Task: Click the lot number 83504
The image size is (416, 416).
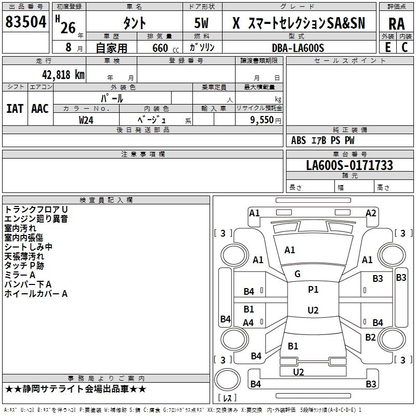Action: click(25, 22)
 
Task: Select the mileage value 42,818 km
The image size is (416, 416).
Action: click(63, 75)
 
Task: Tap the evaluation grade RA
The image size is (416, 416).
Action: click(397, 24)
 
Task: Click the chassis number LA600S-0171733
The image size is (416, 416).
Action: click(349, 165)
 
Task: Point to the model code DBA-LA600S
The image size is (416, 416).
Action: click(298, 48)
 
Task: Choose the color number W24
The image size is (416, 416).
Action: click(86, 120)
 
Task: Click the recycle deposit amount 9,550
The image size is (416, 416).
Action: click(262, 120)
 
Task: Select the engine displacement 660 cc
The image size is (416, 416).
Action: click(165, 48)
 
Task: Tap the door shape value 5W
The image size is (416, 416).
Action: click(201, 23)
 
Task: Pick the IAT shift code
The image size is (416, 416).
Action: click(15, 109)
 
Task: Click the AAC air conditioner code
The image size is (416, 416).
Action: click(40, 109)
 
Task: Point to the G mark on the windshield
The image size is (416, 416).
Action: click(297, 274)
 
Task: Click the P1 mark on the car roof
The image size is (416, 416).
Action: click(313, 290)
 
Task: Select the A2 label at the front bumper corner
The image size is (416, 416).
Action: click(371, 213)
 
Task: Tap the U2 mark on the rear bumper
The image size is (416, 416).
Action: click(298, 372)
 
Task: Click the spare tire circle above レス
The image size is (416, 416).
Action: click(227, 380)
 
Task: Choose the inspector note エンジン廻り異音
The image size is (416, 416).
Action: click(36, 219)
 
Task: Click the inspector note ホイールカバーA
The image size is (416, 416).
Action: click(36, 294)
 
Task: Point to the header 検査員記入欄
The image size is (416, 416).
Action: click(106, 200)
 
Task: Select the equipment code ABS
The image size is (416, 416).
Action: click(298, 140)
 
